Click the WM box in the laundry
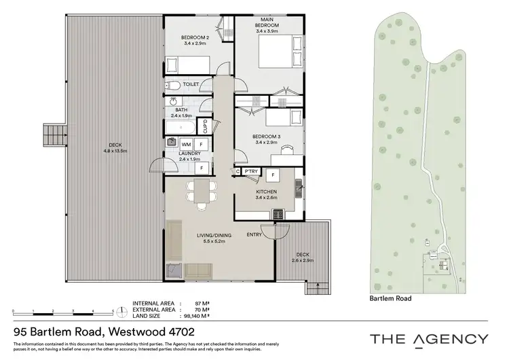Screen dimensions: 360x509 click(185, 145)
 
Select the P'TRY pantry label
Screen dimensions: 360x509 click(250, 171)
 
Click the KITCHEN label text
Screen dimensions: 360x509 click(265, 192)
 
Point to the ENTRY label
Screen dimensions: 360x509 click(254, 235)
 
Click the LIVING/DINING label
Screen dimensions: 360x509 click(214, 236)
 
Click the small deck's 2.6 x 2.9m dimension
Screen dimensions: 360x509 click(302, 259)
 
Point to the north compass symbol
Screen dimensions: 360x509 click(121, 312)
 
